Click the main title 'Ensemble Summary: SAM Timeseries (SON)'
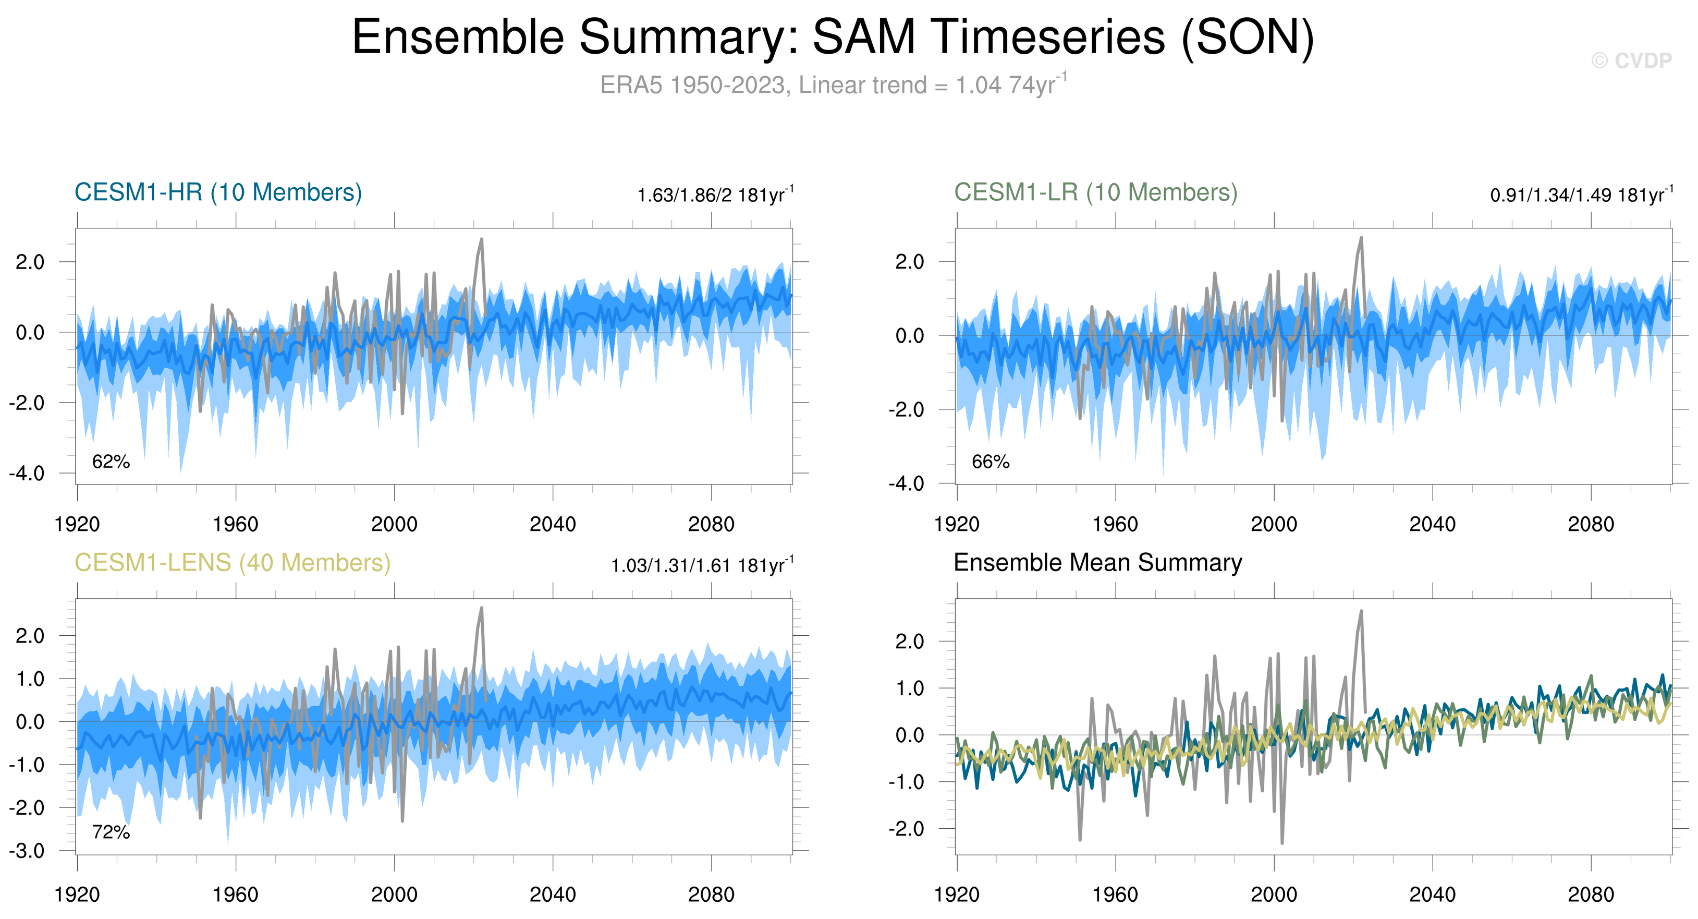(833, 37)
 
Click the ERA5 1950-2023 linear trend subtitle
(833, 85)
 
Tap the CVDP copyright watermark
(1631, 61)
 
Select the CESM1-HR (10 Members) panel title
(218, 192)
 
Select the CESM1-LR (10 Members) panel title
(1095, 192)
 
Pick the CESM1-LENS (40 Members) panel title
(232, 563)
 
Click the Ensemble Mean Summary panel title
(1097, 563)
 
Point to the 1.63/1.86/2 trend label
(715, 195)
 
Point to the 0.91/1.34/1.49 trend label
(1581, 195)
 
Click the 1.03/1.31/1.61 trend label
(702, 566)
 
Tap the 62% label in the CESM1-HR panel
(111, 462)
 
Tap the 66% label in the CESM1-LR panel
(990, 462)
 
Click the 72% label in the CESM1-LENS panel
(111, 832)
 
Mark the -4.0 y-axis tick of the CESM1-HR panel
(27, 474)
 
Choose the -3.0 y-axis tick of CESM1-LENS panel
(27, 851)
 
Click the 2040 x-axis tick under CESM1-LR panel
(1432, 525)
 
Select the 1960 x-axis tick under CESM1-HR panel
(235, 525)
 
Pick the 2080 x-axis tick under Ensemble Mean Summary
(1591, 895)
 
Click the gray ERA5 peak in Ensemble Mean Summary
(1361, 612)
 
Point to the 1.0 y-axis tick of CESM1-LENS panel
(30, 679)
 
